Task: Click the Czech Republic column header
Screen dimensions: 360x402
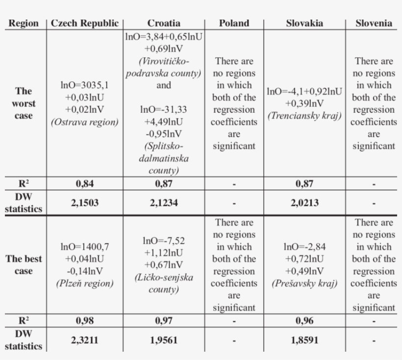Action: [85, 23]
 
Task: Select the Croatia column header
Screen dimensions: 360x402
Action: [164, 23]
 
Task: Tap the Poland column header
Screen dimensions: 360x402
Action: [234, 23]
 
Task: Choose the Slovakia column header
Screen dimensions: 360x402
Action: [304, 23]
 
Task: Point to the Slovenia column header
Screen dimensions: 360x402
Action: [374, 23]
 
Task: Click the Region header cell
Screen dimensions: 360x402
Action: [24, 23]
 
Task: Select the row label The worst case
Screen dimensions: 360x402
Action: [24, 103]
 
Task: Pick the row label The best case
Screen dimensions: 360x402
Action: [24, 265]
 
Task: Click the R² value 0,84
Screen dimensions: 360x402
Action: [85, 184]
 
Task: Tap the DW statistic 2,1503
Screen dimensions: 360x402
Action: [85, 202]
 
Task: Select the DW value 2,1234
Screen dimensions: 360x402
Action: [164, 202]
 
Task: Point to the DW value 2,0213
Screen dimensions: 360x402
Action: [304, 202]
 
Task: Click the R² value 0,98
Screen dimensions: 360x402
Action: [85, 321]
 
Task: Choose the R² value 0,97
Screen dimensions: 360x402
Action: [164, 321]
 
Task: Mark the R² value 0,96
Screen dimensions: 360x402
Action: [304, 321]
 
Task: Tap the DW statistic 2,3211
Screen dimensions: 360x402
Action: [85, 339]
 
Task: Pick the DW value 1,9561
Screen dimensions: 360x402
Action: [164, 339]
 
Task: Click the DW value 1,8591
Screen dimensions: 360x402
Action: [304, 339]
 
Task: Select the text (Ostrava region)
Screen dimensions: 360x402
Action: [85, 122]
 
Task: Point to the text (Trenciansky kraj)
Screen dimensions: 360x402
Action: [304, 116]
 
